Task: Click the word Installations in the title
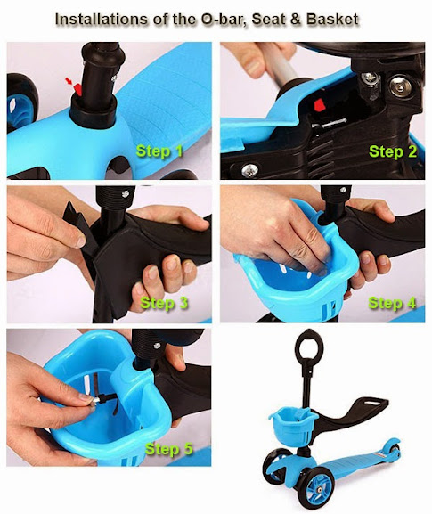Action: (x=102, y=19)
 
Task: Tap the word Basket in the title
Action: (x=332, y=19)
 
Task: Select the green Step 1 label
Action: (x=159, y=151)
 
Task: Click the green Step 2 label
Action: (x=393, y=151)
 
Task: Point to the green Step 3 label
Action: (x=164, y=303)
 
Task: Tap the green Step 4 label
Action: (x=392, y=303)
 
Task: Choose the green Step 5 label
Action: (x=168, y=448)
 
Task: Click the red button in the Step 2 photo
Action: (x=319, y=105)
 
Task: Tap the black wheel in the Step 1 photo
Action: (x=21, y=102)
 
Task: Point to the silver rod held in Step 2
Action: (x=279, y=63)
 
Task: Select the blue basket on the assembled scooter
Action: (x=293, y=425)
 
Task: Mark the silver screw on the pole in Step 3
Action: (x=126, y=193)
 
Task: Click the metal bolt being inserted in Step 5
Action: (x=98, y=400)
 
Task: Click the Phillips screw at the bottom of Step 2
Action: (x=249, y=170)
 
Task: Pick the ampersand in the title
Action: (x=296, y=20)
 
